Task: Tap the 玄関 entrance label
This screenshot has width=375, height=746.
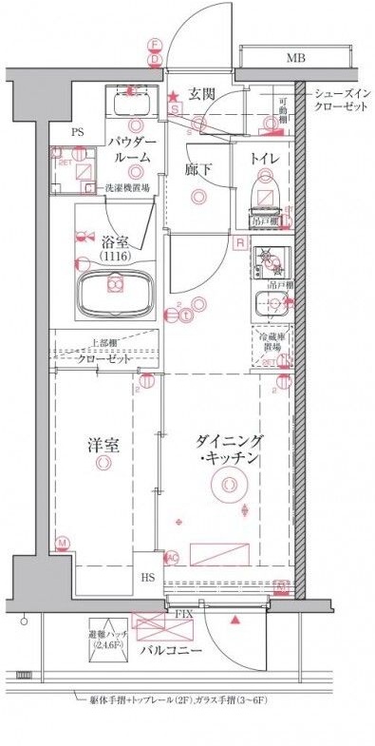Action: (200, 93)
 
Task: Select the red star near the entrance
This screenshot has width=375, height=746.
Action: (173, 97)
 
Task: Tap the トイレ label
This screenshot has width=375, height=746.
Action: (264, 159)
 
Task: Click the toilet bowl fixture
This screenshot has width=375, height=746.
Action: (265, 195)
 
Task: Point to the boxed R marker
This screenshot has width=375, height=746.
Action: (240, 242)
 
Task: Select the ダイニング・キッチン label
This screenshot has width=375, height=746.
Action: (228, 450)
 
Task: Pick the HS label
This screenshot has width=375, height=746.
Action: (149, 577)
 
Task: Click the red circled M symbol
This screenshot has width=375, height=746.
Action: (63, 544)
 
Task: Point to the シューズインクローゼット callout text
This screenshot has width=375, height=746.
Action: (342, 100)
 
